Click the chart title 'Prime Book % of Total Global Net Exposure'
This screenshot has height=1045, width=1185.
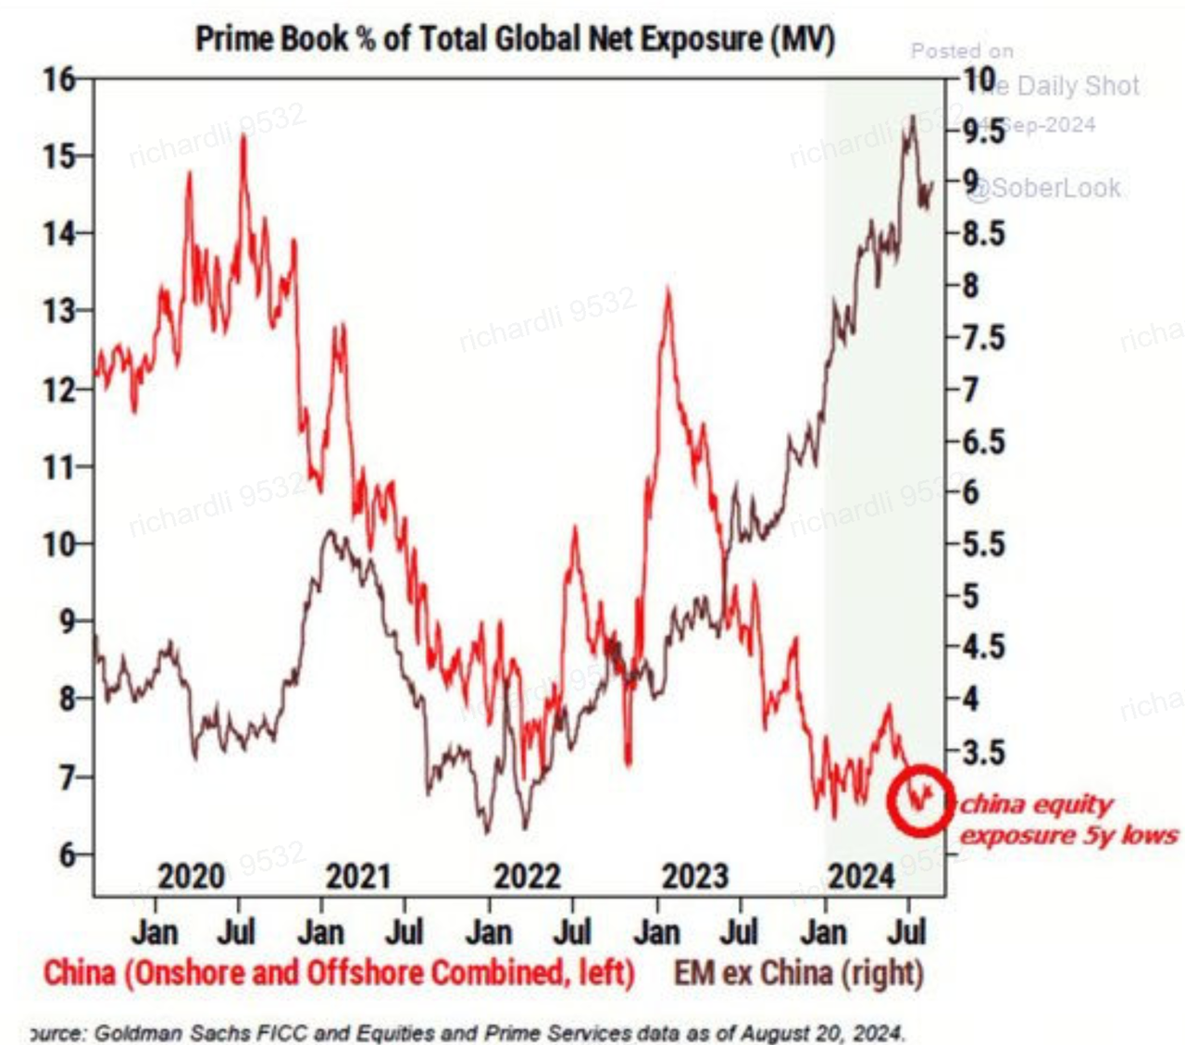[x=515, y=39]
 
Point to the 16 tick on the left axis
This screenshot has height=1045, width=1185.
[x=59, y=80]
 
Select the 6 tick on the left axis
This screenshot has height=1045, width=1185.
[x=68, y=853]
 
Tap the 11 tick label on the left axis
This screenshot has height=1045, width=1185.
[x=59, y=467]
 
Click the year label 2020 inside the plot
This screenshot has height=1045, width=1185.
[x=191, y=876]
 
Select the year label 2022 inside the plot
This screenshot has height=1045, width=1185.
[x=527, y=876]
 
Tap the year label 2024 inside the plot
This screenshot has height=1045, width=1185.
[x=861, y=876]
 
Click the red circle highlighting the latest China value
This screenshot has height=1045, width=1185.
[x=920, y=800]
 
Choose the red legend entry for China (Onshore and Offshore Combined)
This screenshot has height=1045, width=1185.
[x=339, y=974]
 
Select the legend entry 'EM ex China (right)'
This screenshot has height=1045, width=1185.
[x=798, y=974]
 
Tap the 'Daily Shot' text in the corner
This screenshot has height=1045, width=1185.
[x=1079, y=86]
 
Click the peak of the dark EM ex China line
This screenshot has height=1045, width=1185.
[x=913, y=117]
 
